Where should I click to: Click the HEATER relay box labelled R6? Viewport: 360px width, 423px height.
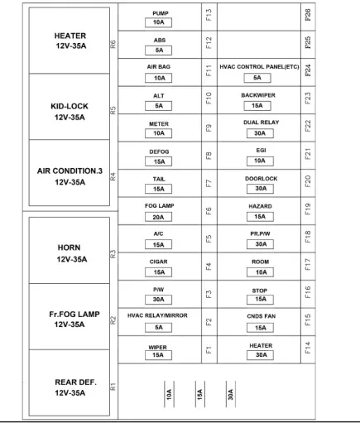pyautogui.click(x=70, y=41)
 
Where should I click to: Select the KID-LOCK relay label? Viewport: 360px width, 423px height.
pyautogui.click(x=70, y=106)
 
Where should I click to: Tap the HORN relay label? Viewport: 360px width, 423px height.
pyautogui.click(x=69, y=248)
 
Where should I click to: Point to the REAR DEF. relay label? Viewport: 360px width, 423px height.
pyautogui.click(x=75, y=382)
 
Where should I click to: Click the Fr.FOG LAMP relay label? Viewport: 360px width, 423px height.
pyautogui.click(x=74, y=314)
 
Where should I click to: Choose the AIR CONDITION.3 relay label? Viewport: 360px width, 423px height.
pyautogui.click(x=70, y=171)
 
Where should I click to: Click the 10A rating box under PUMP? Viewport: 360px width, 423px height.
pyautogui.click(x=158, y=22)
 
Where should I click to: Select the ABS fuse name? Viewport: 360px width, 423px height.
pyautogui.click(x=160, y=41)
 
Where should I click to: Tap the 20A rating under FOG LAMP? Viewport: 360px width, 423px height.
pyautogui.click(x=158, y=217)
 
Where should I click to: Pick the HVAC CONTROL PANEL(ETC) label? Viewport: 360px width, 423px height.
pyautogui.click(x=259, y=67)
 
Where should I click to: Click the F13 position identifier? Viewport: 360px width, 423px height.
pyautogui.click(x=209, y=15)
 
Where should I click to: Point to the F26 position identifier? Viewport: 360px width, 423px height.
pyautogui.click(x=308, y=15)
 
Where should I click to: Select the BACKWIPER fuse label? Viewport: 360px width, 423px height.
pyautogui.click(x=258, y=95)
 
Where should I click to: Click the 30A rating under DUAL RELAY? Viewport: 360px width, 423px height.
pyautogui.click(x=260, y=133)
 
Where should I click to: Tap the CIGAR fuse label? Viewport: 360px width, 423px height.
pyautogui.click(x=158, y=262)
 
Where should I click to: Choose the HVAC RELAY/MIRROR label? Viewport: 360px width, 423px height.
pyautogui.click(x=157, y=315)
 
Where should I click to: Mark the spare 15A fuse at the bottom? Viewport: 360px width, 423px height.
pyautogui.click(x=200, y=394)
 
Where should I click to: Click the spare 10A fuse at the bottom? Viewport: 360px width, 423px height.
pyautogui.click(x=169, y=394)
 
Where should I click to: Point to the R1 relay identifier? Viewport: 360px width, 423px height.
pyautogui.click(x=113, y=387)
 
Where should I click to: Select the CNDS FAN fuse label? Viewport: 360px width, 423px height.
pyautogui.click(x=261, y=316)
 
